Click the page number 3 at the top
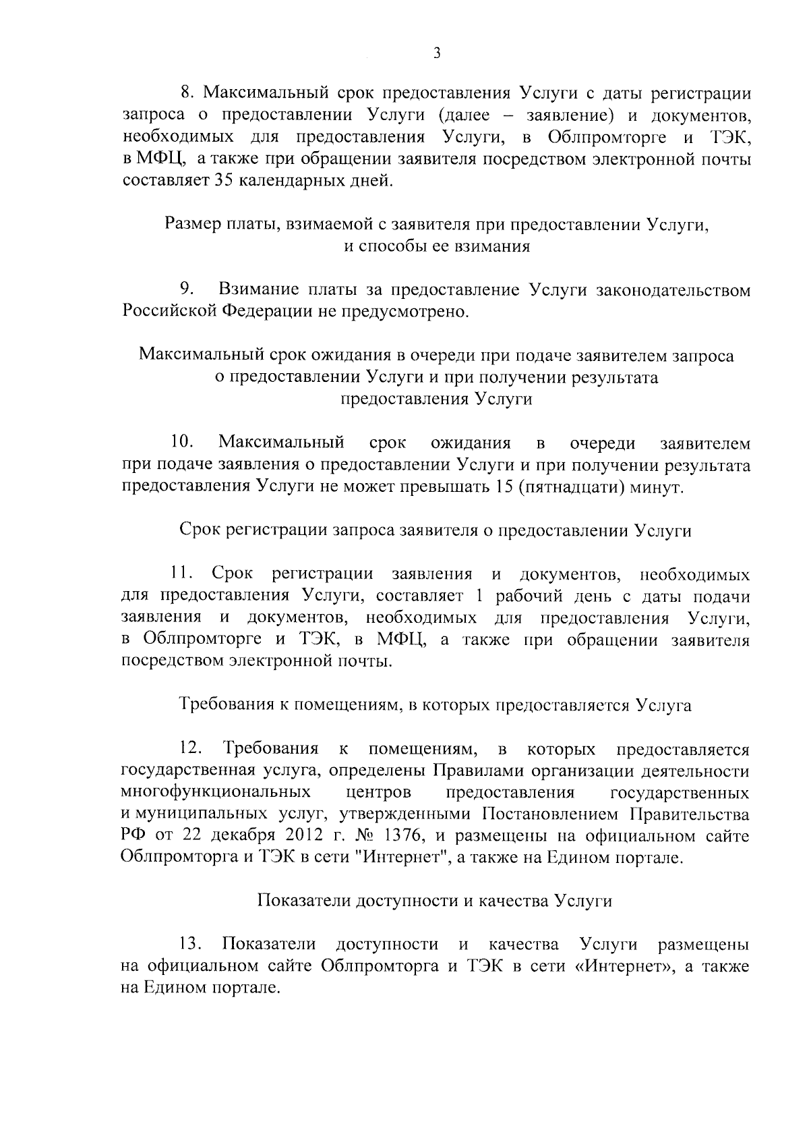click(437, 53)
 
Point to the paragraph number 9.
click(187, 290)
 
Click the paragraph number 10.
click(182, 443)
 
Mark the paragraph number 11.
click(182, 575)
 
